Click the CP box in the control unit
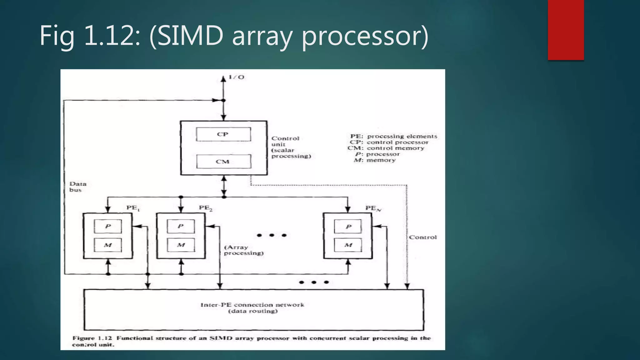point(223,134)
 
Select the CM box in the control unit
point(223,162)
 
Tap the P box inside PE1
point(108,226)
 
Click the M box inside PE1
point(108,245)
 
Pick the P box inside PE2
point(181,226)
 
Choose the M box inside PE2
point(181,245)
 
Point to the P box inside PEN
point(348,226)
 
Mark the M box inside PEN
point(348,245)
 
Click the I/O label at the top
point(237,77)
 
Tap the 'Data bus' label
point(77,187)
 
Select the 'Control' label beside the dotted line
point(423,237)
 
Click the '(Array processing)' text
point(243,250)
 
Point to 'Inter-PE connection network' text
point(252,305)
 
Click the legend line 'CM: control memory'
point(386,148)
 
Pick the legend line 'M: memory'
point(375,160)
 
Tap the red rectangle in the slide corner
point(566,30)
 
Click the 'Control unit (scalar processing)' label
point(291,147)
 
